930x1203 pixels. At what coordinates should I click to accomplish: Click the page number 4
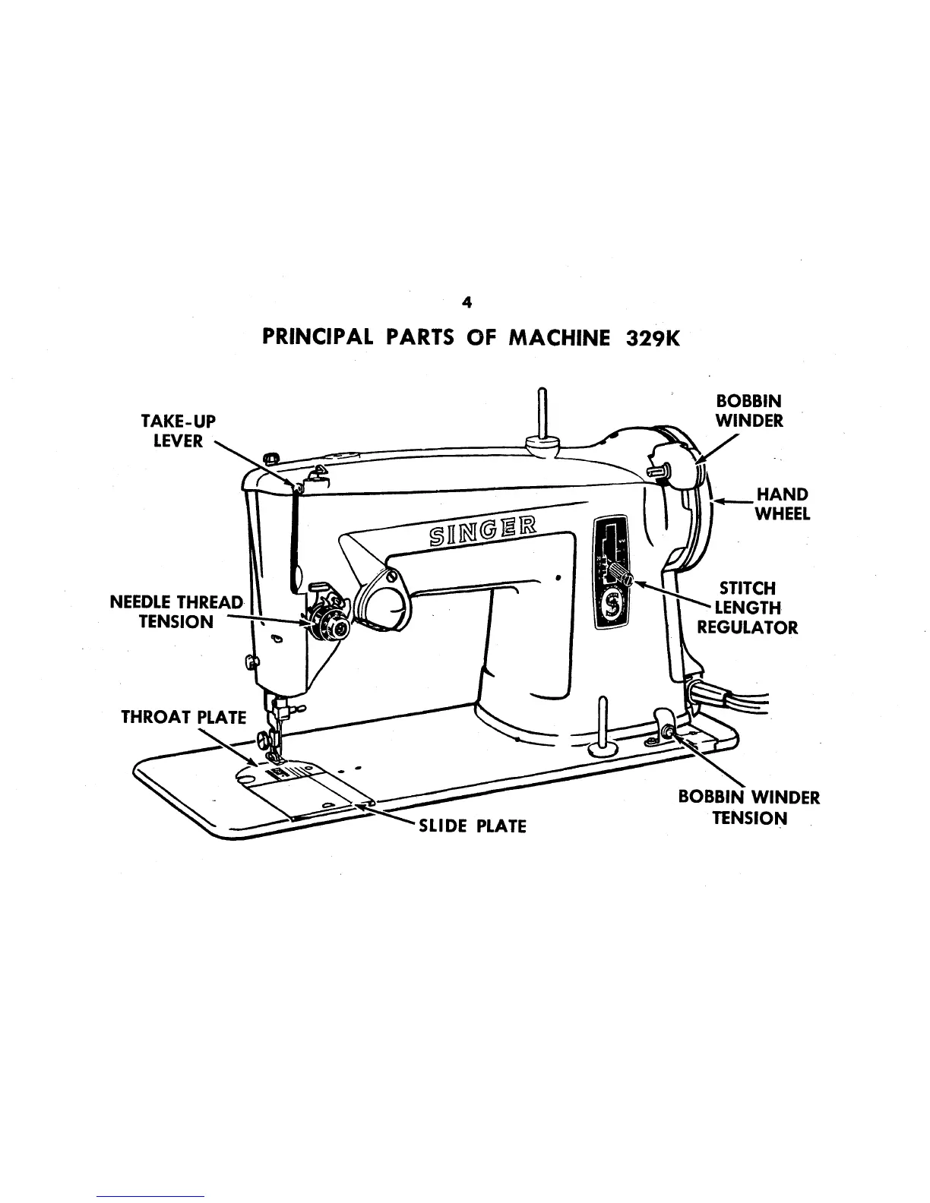point(467,303)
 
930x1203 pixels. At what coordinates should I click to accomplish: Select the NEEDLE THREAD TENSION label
point(176,612)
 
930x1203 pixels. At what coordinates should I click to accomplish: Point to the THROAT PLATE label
point(184,718)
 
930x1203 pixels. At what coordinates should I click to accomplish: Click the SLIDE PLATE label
point(472,826)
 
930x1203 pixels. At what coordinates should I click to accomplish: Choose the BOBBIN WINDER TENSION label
point(749,807)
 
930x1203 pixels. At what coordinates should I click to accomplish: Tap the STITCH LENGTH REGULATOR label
point(748,608)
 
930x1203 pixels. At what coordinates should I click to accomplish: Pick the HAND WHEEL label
point(782,504)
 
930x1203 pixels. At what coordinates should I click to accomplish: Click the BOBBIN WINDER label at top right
point(749,410)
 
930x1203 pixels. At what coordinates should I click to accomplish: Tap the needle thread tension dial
point(333,625)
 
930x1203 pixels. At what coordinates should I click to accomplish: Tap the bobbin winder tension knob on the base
point(669,730)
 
